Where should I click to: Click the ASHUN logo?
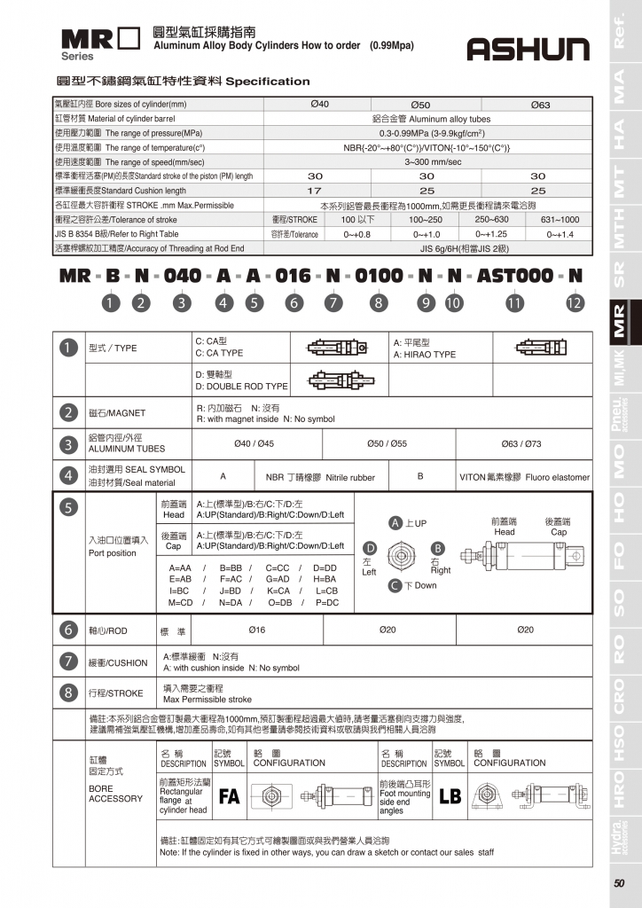pyautogui.click(x=528, y=50)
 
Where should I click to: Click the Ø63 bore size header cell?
pyautogui.click(x=540, y=105)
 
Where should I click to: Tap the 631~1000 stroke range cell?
pyautogui.click(x=560, y=219)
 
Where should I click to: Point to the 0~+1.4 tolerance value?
pyautogui.click(x=560, y=234)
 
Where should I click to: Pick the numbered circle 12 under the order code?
pyautogui.click(x=575, y=302)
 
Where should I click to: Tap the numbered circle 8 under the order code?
pyautogui.click(x=379, y=302)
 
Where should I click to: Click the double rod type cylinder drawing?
pyautogui.click(x=335, y=381)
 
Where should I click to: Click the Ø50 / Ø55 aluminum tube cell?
pyautogui.click(x=387, y=443)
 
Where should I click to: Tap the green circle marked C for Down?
pyautogui.click(x=395, y=585)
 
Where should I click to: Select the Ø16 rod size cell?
pyautogui.click(x=258, y=630)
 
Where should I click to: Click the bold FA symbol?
pyautogui.click(x=229, y=796)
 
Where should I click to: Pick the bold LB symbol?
pyautogui.click(x=450, y=796)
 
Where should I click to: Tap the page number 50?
pyautogui.click(x=618, y=882)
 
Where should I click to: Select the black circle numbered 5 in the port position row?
pyautogui.click(x=68, y=508)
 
